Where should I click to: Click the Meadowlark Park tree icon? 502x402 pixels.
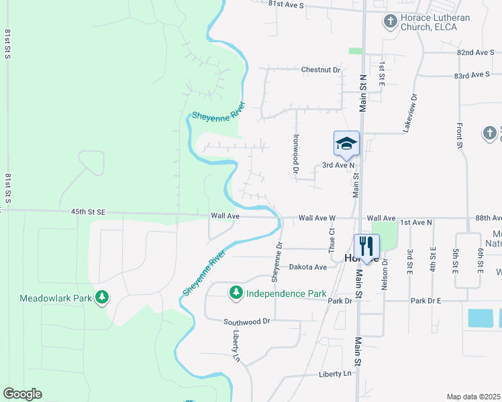[101, 297]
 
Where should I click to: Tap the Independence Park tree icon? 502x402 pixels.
[236, 292]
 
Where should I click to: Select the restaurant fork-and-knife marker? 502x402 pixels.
[366, 245]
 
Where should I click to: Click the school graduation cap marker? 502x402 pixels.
[346, 143]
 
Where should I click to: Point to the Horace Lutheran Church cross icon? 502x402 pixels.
[390, 21]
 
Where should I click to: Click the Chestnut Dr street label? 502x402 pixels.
[321, 70]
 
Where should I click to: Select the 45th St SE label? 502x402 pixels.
[88, 212]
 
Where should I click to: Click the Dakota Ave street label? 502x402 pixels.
[307, 267]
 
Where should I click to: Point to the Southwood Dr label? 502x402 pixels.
[246, 322]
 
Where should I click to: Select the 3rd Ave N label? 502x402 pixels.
[338, 165]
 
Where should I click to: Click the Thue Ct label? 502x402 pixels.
[332, 239]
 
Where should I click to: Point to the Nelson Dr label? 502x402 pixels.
[385, 271]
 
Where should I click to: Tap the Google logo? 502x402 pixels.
[22, 394]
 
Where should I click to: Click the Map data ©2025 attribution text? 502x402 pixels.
[473, 397]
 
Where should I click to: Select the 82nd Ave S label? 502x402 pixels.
[474, 52]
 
